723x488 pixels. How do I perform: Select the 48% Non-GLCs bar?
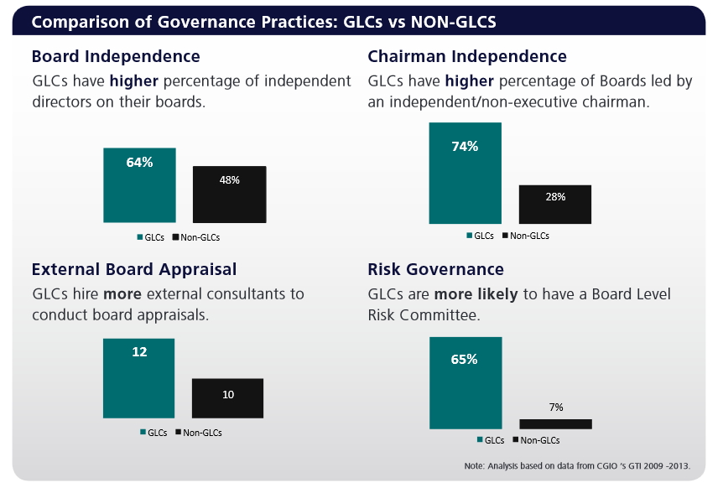(229, 194)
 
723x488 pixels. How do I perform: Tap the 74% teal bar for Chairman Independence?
(465, 173)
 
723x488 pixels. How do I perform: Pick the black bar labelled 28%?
(555, 204)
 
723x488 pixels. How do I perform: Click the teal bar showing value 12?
(139, 378)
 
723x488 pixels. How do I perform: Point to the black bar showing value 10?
(228, 398)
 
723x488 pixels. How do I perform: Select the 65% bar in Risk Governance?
(465, 382)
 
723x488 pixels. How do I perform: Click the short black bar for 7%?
(555, 423)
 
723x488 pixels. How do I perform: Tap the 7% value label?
(556, 408)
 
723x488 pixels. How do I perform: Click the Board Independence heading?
(116, 57)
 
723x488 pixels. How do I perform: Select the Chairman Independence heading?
(467, 57)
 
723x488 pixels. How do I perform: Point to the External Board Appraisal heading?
(134, 269)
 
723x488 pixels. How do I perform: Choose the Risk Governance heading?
(435, 269)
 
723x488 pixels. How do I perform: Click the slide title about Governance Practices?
(263, 22)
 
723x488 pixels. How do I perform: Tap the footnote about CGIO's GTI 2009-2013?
(576, 465)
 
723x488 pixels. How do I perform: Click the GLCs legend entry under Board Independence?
(151, 237)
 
